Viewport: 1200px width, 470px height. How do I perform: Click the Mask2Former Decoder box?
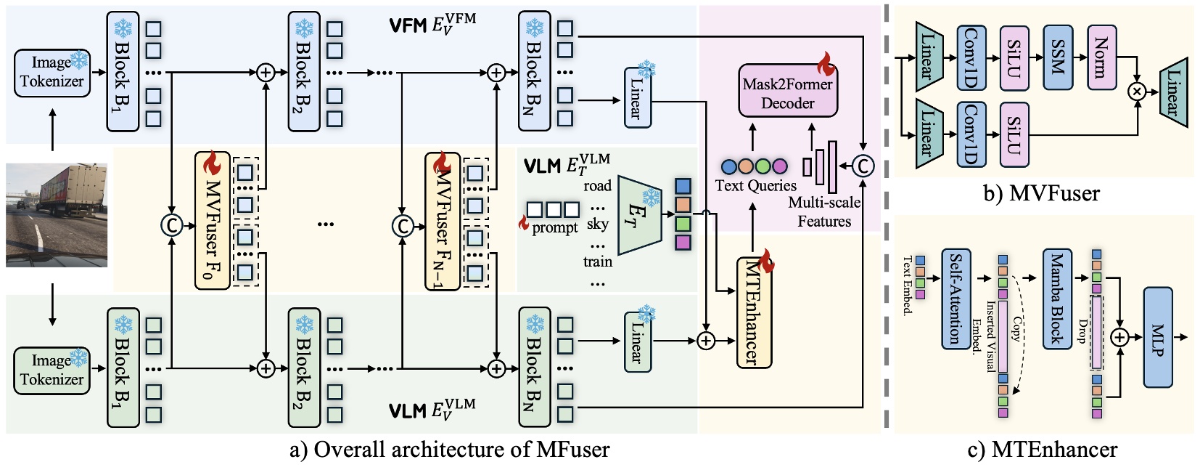pos(787,92)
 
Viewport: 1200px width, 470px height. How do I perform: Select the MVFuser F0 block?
pos(212,221)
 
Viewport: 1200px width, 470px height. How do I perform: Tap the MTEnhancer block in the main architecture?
pos(754,312)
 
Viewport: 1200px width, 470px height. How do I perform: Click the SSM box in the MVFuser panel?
pos(1058,57)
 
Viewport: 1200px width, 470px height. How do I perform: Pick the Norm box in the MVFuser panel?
pos(1101,57)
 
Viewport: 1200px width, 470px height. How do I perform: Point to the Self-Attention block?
pos(956,299)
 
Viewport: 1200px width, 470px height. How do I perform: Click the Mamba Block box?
pos(1057,299)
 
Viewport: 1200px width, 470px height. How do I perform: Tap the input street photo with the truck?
pos(57,214)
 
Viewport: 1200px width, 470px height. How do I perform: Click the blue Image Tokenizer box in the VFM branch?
pos(52,73)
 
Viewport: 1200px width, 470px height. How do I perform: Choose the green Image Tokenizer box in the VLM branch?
pos(52,370)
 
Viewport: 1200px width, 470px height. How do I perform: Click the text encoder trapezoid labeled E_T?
pos(640,214)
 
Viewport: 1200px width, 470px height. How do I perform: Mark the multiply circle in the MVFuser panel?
pos(1137,91)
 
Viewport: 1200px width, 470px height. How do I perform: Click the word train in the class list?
pos(598,262)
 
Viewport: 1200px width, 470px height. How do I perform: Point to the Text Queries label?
pos(755,186)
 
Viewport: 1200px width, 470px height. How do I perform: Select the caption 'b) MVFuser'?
pos(1042,193)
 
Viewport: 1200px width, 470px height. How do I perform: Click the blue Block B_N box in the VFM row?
pos(534,71)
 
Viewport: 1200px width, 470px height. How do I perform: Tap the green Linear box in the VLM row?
pos(637,341)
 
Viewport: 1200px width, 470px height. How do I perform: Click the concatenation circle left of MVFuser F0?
pos(171,226)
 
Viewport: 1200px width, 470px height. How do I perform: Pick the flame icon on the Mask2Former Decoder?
pos(826,64)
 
